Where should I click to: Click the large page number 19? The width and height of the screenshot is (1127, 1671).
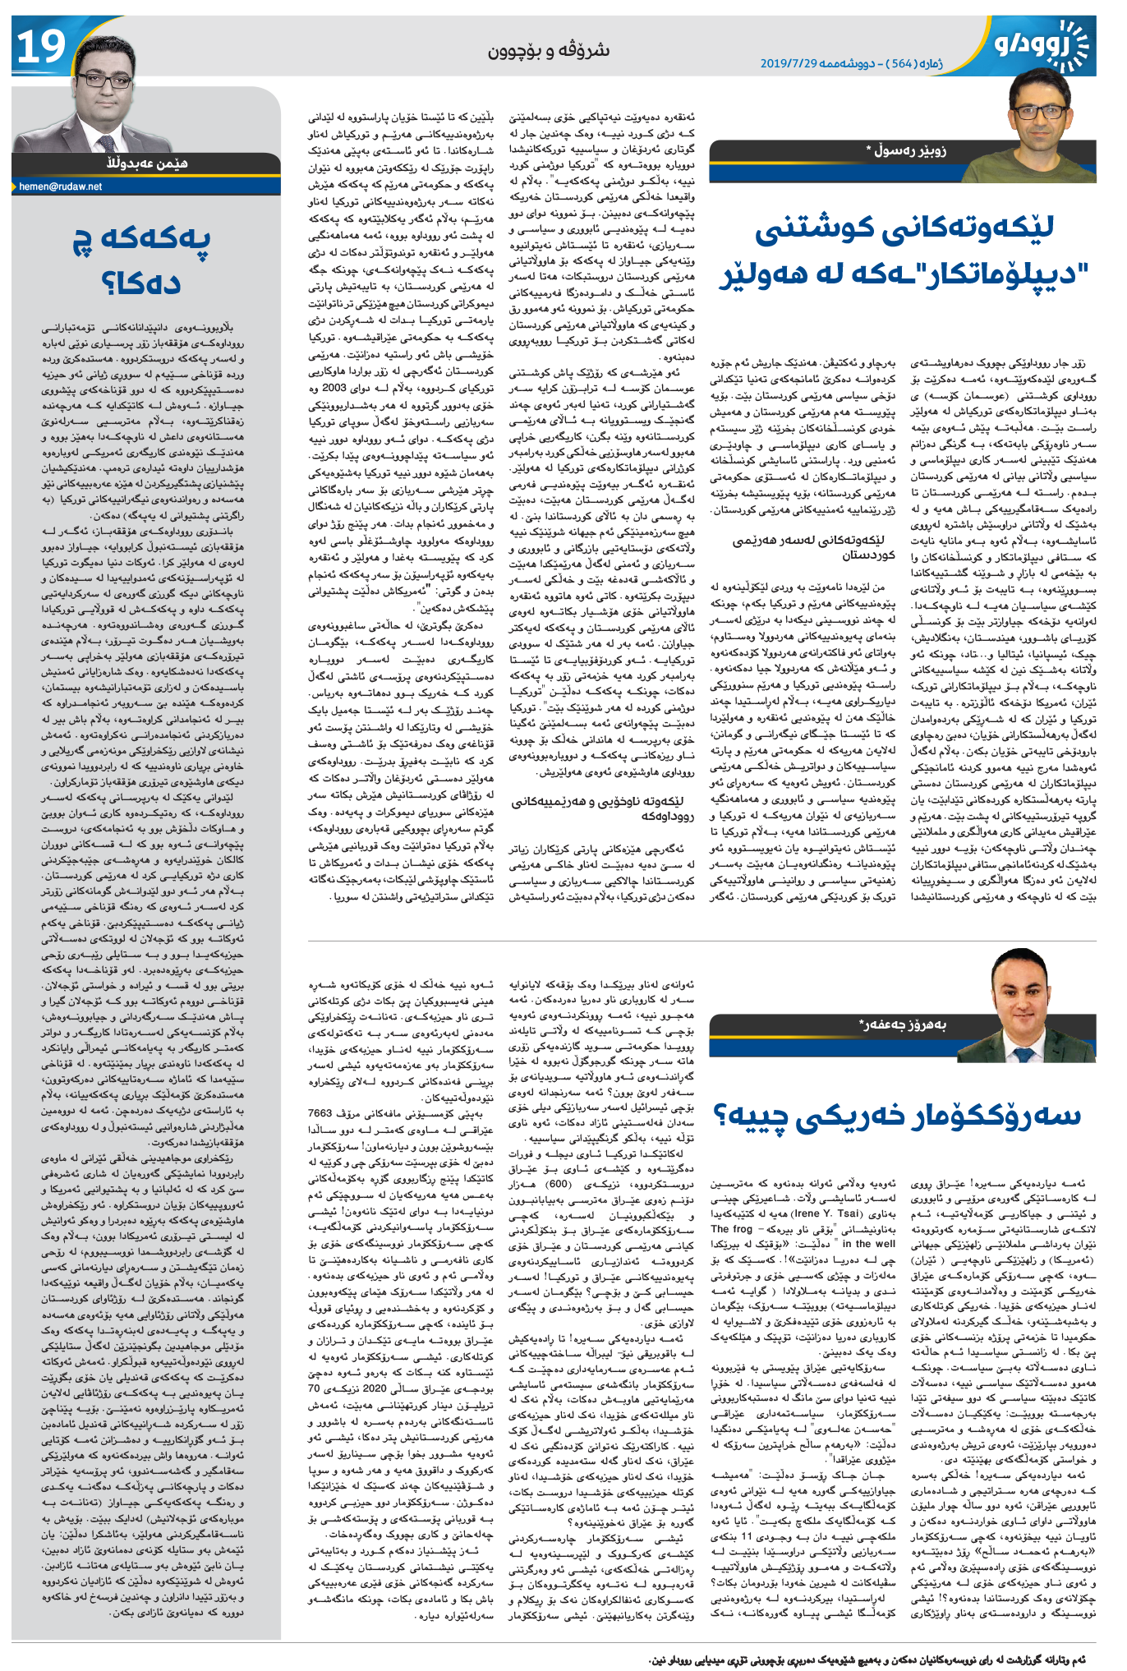tap(41, 47)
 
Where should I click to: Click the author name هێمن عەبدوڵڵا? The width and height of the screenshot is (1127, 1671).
tap(147, 163)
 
